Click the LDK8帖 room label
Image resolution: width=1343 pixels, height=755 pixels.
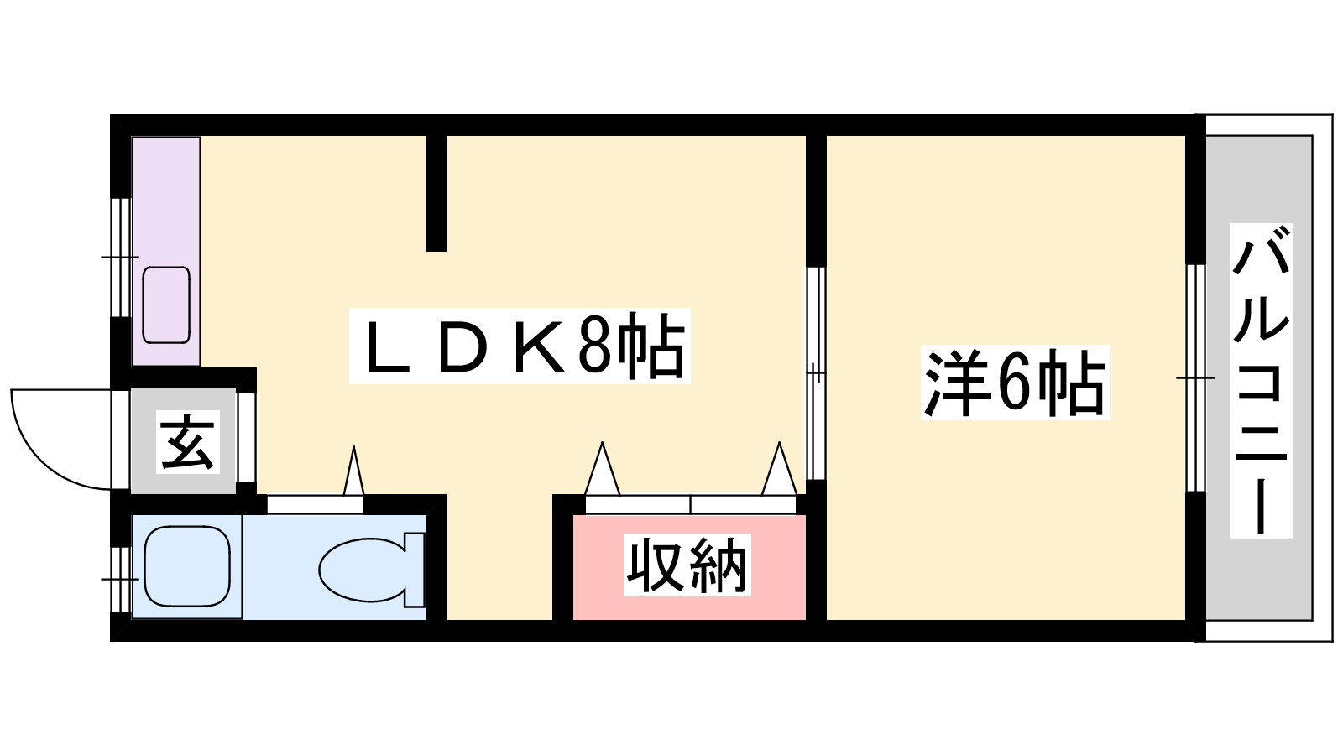coord(520,346)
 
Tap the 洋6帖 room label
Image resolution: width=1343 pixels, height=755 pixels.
coord(1015,383)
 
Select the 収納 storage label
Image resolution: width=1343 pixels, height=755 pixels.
coord(687,565)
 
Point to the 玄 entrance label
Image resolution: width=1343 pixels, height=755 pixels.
coord(188,442)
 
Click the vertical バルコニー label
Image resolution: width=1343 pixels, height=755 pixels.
coord(1260,381)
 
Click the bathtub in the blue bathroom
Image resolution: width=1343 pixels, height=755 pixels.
coord(187,566)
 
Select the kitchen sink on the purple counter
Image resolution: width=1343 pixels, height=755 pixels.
coord(166,305)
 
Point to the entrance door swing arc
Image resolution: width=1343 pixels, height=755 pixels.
coord(42,458)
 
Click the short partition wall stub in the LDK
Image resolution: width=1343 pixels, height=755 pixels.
coord(436,193)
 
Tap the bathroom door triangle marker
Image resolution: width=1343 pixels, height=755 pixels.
coord(353,471)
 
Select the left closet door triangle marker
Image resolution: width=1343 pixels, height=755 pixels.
coord(602,469)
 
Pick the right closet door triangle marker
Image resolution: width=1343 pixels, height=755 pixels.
coord(780,469)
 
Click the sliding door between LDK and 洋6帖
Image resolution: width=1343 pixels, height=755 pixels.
coord(816,373)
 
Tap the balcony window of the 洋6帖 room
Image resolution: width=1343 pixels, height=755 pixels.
coord(1195,378)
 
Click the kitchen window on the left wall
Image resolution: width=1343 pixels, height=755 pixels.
coord(122,257)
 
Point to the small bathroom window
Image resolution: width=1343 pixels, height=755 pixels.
coord(122,580)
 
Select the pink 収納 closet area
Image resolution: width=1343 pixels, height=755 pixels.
coord(689,567)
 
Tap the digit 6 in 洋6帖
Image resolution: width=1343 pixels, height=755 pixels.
coord(1013,383)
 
